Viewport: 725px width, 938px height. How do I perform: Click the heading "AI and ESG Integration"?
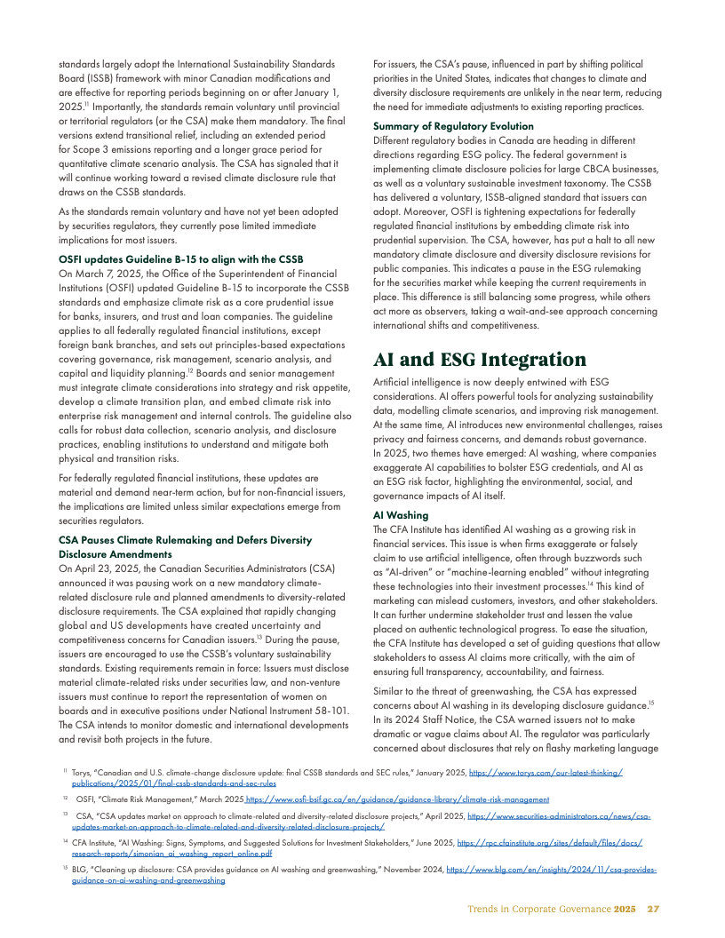point(480,360)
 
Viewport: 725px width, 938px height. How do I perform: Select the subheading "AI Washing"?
point(401,515)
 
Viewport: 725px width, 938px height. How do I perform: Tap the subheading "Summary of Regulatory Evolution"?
point(453,126)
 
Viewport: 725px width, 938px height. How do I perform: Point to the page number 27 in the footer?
point(653,909)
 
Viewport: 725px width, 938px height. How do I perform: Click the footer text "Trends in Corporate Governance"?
point(539,909)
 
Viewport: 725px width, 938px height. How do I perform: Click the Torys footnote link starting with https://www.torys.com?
point(546,773)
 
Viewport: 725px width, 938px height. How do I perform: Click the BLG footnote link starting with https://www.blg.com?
point(551,870)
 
